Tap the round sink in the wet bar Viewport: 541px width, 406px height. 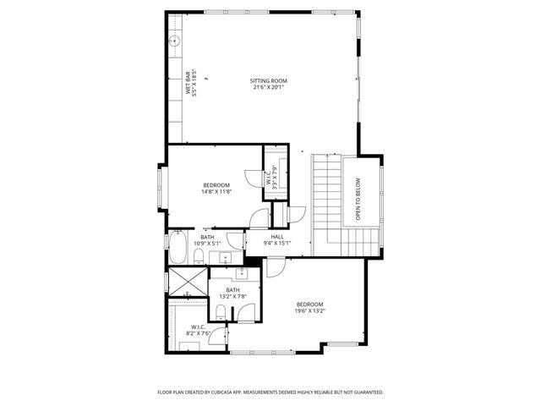point(175,40)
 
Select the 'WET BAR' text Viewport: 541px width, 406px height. point(189,85)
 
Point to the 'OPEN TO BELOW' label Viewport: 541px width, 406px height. point(358,199)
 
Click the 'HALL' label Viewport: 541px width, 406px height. point(276,237)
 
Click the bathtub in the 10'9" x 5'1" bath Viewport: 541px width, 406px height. point(179,250)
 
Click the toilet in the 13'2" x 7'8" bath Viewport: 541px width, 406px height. point(221,314)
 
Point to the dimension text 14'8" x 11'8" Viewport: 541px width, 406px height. point(216,192)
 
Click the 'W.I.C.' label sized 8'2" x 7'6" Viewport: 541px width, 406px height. point(198,326)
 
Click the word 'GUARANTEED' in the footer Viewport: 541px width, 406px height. point(364,392)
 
